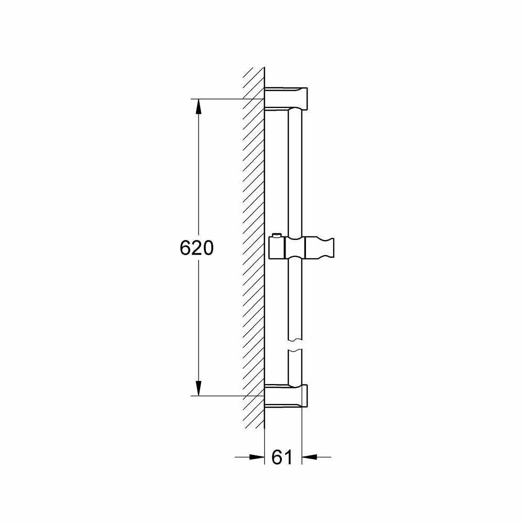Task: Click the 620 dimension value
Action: tap(196, 248)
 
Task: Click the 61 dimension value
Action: tap(282, 457)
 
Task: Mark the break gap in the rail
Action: tap(295, 344)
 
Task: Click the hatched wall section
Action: tap(254, 246)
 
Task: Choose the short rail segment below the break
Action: tap(295, 367)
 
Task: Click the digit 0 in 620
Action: tap(208, 248)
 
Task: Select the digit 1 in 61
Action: tap(288, 457)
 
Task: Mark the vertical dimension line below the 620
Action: tap(199, 325)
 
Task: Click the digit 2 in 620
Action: tap(196, 248)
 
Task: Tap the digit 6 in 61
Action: tap(277, 457)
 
